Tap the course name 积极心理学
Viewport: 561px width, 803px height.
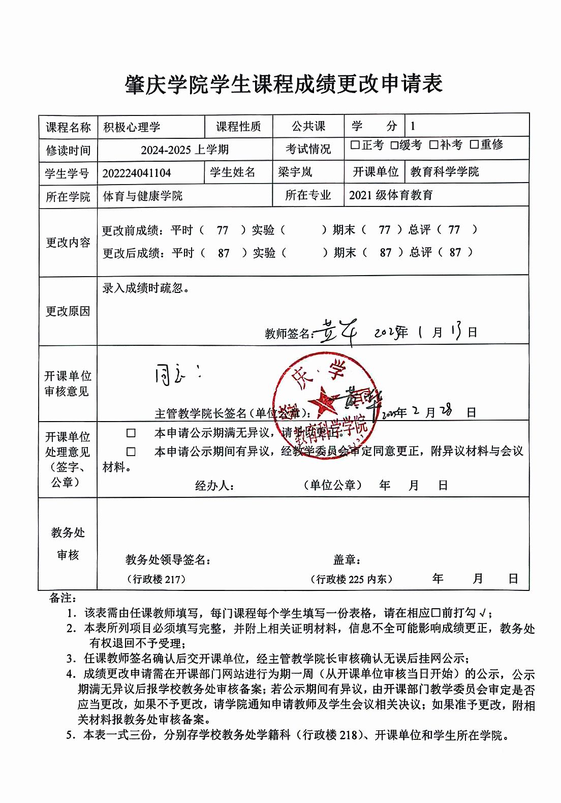pos(132,127)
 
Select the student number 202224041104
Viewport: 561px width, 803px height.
pos(137,173)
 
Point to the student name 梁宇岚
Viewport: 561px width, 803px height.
pos(295,172)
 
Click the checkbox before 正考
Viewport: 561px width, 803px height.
pos(355,145)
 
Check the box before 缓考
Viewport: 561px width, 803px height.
pos(394,145)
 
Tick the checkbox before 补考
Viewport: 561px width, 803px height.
pos(433,145)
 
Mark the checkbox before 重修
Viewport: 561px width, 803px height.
pos(474,145)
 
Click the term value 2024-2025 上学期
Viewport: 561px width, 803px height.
pos(184,150)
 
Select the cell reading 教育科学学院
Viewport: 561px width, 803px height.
pos(445,172)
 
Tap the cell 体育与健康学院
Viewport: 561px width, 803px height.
pos(143,196)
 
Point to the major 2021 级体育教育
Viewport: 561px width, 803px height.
pos(391,195)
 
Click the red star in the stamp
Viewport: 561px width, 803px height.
pos(322,400)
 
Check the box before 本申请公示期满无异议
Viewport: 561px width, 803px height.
pos(131,433)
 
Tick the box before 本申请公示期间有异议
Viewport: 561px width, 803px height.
pos(131,452)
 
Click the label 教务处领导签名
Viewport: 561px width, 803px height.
pos(168,560)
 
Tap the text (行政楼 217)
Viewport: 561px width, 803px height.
pos(156,579)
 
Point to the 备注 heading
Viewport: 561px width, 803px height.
pos(63,598)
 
